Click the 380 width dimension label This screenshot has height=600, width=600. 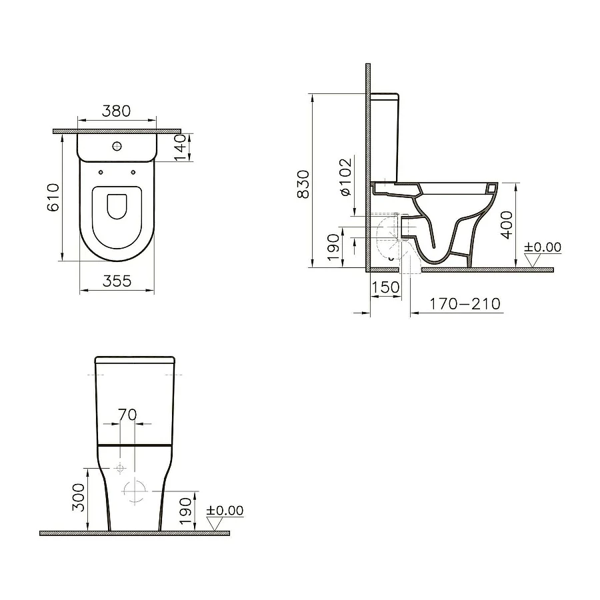pyautogui.click(x=117, y=111)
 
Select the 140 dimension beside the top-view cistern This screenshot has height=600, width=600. pyautogui.click(x=179, y=147)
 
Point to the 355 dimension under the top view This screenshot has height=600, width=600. pyautogui.click(x=117, y=281)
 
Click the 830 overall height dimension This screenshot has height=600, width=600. pyautogui.click(x=303, y=183)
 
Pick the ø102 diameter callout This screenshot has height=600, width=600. pyautogui.click(x=345, y=177)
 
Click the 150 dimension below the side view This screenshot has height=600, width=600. pyautogui.click(x=386, y=287)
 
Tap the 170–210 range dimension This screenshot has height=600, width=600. pyautogui.click(x=465, y=304)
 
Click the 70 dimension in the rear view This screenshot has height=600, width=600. pyautogui.click(x=127, y=414)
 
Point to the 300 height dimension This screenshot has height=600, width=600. pyautogui.click(x=79, y=497)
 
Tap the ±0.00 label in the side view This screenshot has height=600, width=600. pyautogui.click(x=543, y=247)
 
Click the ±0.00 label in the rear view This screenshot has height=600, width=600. pyautogui.click(x=225, y=511)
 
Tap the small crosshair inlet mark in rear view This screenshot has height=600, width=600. pyautogui.click(x=119, y=468)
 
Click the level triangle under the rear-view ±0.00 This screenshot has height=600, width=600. pyautogui.click(x=215, y=524)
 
